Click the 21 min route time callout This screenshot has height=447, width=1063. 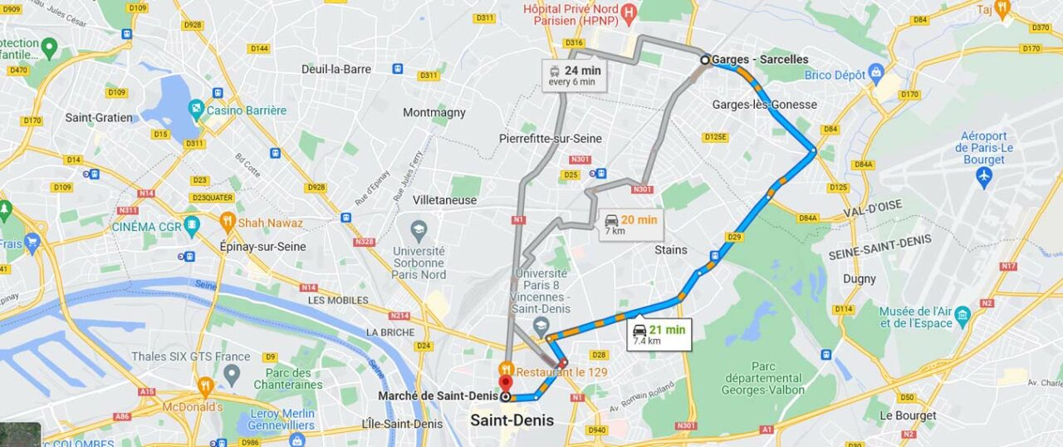pyautogui.click(x=659, y=334)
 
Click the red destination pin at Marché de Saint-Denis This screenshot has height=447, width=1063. pyautogui.click(x=504, y=384)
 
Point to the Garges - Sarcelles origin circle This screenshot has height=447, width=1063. pyautogui.click(x=705, y=60)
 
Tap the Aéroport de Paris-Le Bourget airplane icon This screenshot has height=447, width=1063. pyautogui.click(x=984, y=176)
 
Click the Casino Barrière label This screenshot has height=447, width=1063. pyautogui.click(x=246, y=111)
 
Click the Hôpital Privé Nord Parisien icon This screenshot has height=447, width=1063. pyautogui.click(x=629, y=12)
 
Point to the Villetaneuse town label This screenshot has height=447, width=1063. pyautogui.click(x=444, y=200)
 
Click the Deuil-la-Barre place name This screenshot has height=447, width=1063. pyautogui.click(x=336, y=69)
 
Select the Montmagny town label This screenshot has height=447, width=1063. pyautogui.click(x=434, y=112)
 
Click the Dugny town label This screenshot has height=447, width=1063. pyautogui.click(x=860, y=279)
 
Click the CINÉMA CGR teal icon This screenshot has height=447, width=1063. pyautogui.click(x=192, y=225)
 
